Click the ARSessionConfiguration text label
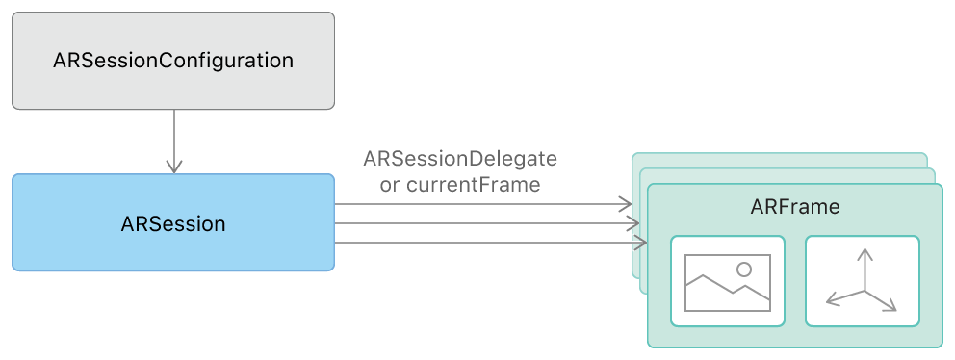point(173,61)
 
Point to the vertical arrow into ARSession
point(173,140)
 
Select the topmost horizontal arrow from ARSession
point(481,204)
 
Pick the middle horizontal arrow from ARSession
point(481,223)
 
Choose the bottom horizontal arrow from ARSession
point(481,243)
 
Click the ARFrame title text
point(794,207)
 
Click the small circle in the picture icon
point(743,270)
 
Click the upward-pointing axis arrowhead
point(865,253)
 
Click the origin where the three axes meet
point(865,291)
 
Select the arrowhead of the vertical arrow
point(173,167)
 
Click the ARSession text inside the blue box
point(173,224)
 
